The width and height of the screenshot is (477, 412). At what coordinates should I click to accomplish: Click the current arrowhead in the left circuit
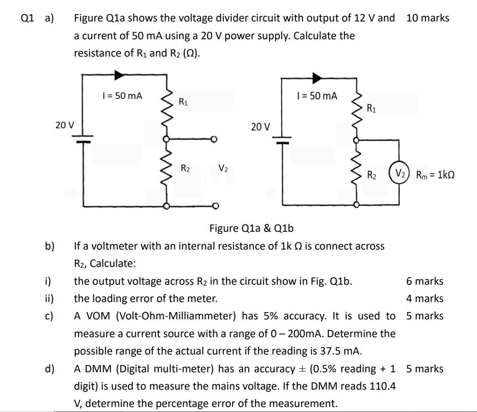(119, 74)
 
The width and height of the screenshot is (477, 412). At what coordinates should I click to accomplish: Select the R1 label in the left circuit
(183, 101)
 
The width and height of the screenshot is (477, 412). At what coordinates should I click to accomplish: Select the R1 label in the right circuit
(371, 108)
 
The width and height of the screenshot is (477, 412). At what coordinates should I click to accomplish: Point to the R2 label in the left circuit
(185, 168)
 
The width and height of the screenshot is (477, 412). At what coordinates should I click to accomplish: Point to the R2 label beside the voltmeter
(372, 175)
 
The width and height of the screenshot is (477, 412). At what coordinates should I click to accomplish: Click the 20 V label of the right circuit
(260, 126)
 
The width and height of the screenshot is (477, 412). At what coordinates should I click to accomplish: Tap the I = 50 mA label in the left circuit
(122, 96)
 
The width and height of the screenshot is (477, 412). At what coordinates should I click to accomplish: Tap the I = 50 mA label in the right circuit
(317, 96)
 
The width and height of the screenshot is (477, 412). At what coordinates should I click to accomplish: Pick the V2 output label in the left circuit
(223, 168)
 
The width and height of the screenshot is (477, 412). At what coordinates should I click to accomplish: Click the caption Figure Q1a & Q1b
(251, 228)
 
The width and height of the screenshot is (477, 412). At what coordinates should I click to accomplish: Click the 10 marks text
(427, 18)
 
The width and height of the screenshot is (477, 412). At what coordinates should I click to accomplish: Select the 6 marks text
(425, 281)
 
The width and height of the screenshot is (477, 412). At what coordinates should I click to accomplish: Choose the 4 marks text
(425, 299)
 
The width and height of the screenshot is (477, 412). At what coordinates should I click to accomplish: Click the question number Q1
(28, 18)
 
